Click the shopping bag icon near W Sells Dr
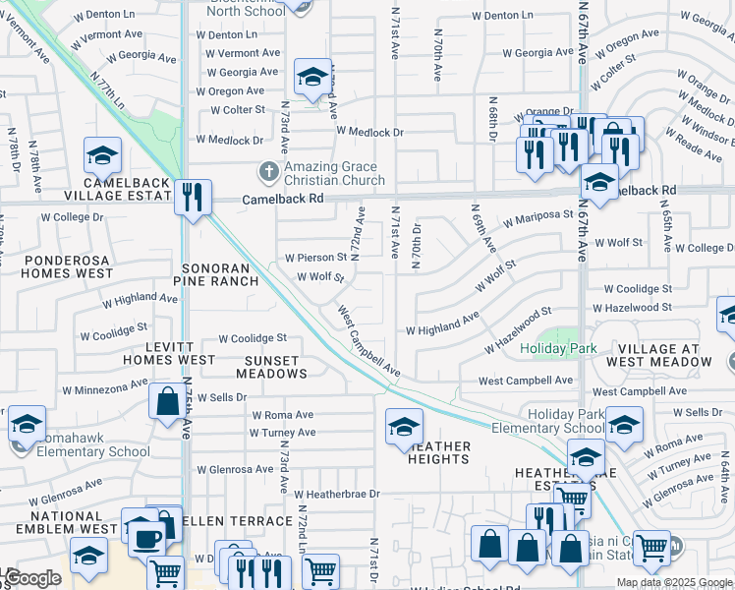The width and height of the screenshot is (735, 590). click(166, 400)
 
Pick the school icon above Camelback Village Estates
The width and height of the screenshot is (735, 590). click(101, 155)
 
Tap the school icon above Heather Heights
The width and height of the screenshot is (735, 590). click(403, 426)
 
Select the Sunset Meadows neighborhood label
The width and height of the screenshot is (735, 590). click(276, 367)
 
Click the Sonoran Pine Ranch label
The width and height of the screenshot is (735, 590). click(216, 273)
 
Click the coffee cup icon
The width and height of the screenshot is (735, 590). click(147, 540)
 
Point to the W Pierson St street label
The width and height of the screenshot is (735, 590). click(315, 258)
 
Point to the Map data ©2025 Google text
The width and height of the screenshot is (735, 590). click(673, 582)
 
